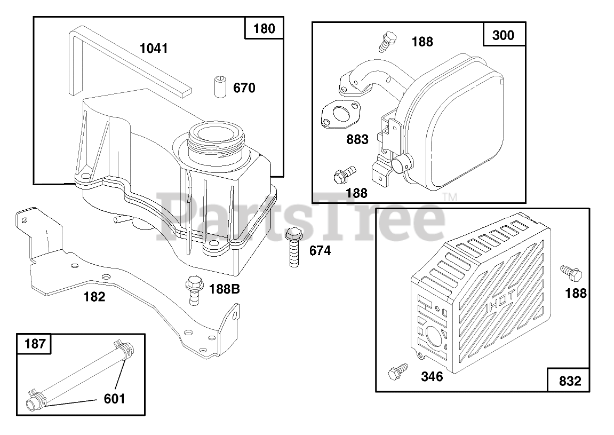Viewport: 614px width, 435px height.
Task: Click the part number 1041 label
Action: pyautogui.click(x=154, y=49)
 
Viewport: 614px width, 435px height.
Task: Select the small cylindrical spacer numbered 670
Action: pyautogui.click(x=220, y=87)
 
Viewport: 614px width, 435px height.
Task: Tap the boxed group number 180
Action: pyautogui.click(x=264, y=29)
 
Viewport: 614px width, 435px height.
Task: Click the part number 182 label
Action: pyautogui.click(x=94, y=297)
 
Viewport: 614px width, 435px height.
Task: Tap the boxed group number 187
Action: pyautogui.click(x=35, y=344)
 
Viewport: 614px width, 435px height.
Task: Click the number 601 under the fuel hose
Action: pyautogui.click(x=114, y=399)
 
